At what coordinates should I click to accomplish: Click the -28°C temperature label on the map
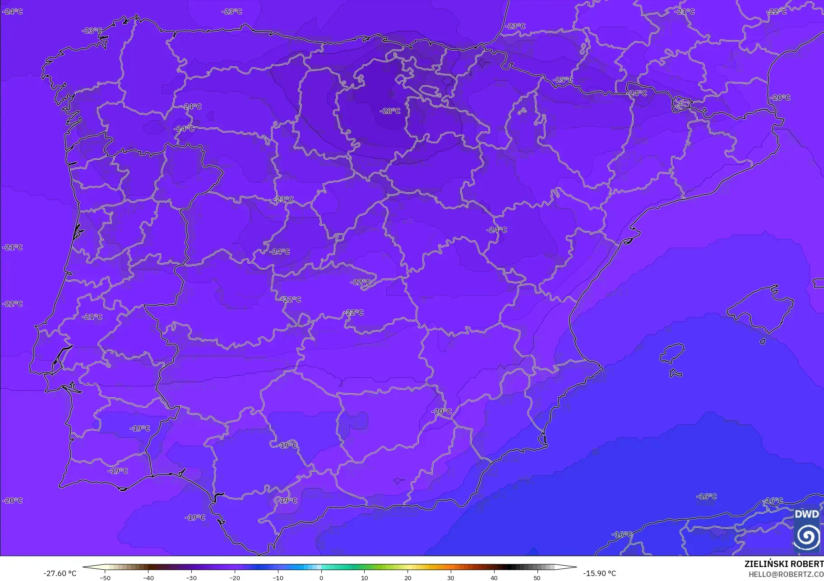[x=390, y=111]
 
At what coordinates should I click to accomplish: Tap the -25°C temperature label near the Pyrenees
[x=563, y=80]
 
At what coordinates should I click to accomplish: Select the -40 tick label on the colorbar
[x=148, y=578]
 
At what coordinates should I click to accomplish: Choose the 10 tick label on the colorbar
[x=364, y=578]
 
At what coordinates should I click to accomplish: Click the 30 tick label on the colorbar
[x=450, y=578]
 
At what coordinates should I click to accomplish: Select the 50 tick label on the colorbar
[x=537, y=578]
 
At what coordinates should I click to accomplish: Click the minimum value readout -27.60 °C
[x=60, y=574]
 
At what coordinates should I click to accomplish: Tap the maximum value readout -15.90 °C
[x=599, y=574]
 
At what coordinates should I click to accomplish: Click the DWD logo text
[x=806, y=514]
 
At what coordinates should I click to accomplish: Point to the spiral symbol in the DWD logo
[x=807, y=537]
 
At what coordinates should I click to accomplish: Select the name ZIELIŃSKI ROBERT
[x=784, y=564]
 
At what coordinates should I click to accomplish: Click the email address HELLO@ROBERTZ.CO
[x=786, y=575]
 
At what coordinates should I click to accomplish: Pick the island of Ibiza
[x=672, y=353]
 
